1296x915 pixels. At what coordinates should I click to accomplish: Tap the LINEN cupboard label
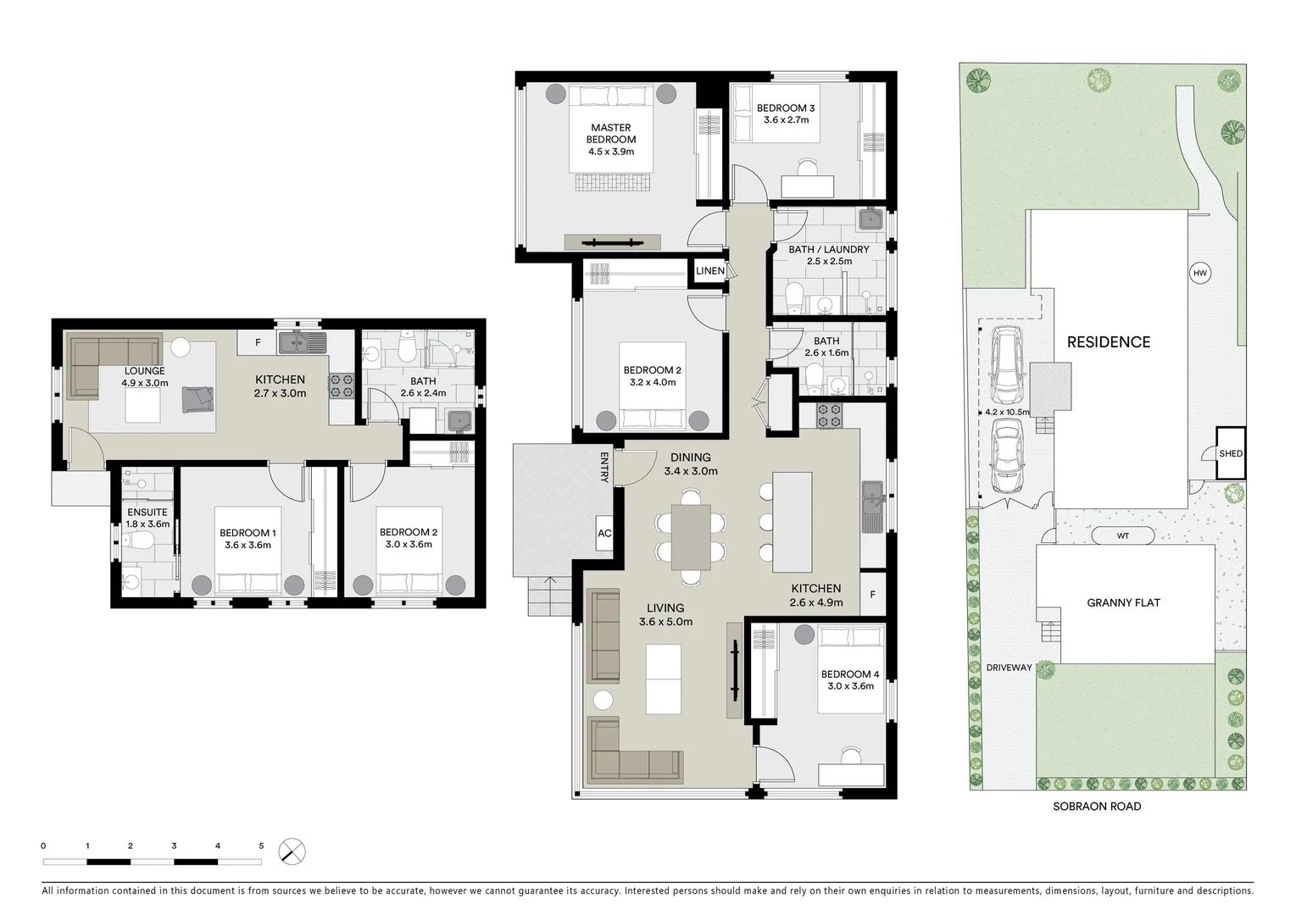709,271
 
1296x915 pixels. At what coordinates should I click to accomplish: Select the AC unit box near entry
604,534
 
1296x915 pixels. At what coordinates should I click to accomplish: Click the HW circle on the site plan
1199,273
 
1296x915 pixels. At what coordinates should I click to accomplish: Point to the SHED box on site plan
1231,453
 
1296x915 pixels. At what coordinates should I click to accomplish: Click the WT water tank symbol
1122,535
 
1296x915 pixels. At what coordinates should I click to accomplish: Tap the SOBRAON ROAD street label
1097,807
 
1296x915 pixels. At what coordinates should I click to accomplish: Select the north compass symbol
292,851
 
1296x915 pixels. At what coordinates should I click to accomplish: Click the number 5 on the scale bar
261,846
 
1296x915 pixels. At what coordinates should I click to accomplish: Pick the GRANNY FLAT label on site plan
1123,603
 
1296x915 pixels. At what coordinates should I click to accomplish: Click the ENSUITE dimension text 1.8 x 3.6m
147,524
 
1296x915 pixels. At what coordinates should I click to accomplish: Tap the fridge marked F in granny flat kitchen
259,343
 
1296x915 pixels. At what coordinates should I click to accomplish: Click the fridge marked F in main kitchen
872,595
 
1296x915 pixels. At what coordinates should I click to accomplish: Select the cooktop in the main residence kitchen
828,415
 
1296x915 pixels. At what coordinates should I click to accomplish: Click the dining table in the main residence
691,536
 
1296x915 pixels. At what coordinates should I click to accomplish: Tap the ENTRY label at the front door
604,468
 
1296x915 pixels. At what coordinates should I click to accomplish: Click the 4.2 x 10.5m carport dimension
1006,413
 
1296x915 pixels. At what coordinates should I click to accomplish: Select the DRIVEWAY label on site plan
1009,668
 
